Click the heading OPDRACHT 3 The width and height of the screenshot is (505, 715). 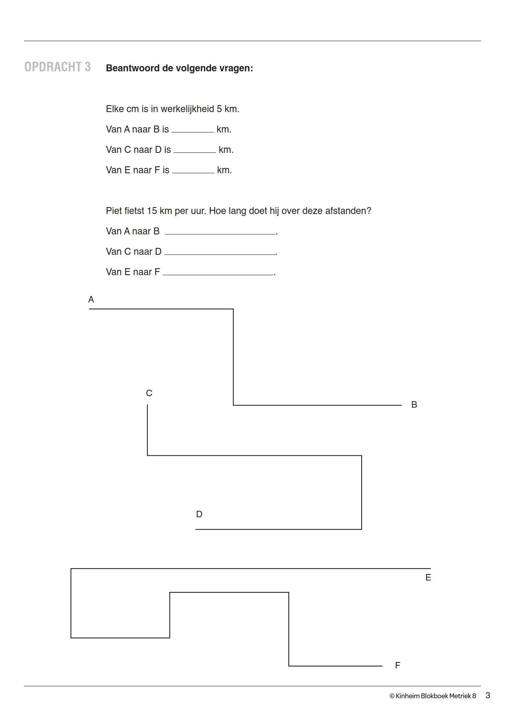(57, 67)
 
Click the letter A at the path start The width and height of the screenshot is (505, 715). (91, 300)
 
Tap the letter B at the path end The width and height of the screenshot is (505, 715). (414, 405)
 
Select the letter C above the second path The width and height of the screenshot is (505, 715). (149, 393)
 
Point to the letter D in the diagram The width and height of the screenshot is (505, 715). (199, 514)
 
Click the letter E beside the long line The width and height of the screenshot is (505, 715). (428, 578)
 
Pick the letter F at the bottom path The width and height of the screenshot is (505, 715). (397, 666)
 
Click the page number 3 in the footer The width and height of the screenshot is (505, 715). (488, 695)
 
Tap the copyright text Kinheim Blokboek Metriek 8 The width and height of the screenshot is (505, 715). (433, 696)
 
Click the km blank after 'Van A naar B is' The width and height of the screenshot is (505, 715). (193, 130)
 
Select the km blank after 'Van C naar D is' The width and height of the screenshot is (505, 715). (195, 150)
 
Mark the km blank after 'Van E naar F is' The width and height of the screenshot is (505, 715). (193, 170)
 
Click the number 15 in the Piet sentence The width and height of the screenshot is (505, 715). (152, 211)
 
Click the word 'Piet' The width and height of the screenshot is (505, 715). (114, 211)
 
